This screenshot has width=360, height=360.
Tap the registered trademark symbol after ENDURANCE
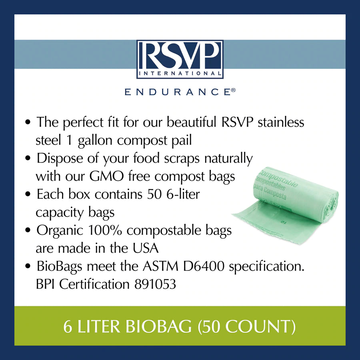coord(233,90)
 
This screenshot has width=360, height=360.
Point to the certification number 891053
coord(152,284)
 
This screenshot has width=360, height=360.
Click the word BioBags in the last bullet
coord(61,266)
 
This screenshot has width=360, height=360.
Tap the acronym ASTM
coord(156,266)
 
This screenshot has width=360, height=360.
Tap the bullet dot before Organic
coord(28,231)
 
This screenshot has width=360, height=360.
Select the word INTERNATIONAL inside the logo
coord(180,73)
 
